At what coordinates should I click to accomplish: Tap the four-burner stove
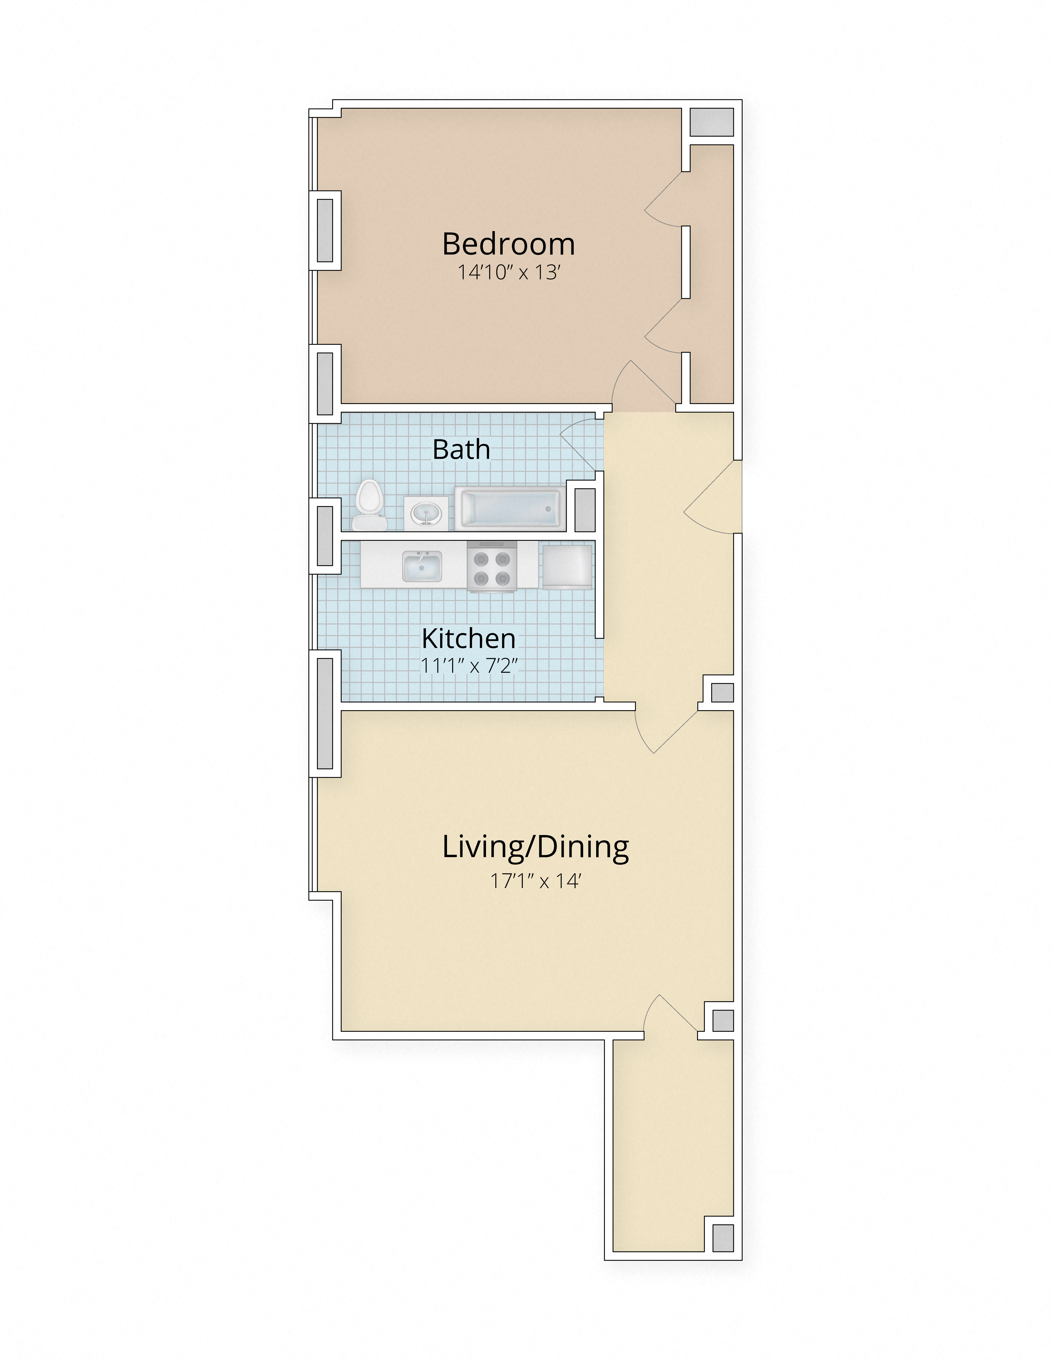coord(492,567)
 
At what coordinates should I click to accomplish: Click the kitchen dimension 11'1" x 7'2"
coord(470,666)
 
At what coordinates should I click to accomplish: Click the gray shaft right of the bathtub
coord(585,509)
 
